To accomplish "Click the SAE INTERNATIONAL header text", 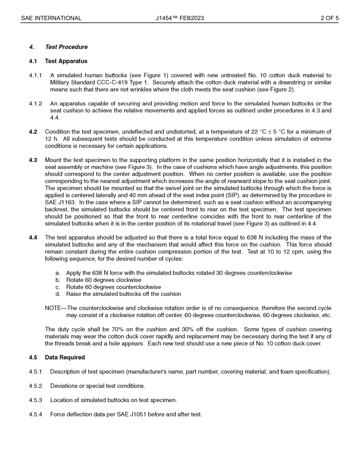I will [51, 18].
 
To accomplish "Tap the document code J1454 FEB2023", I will [180, 18].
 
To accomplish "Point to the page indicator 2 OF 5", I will [329, 18].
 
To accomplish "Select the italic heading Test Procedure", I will [66, 47].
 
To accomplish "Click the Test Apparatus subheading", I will [66, 61].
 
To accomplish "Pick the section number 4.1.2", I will [35, 104].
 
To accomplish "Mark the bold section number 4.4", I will [33, 238].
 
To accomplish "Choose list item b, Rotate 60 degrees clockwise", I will [103, 280].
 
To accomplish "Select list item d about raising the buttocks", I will [123, 294].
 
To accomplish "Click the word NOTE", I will [53, 308].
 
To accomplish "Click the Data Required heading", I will [65, 358].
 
